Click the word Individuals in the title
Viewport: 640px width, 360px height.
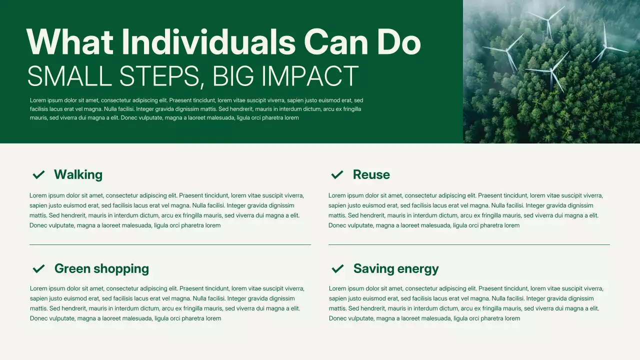[x=208, y=42]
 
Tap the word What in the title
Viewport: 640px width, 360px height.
[x=69, y=42]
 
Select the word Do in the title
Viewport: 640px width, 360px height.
[x=398, y=42]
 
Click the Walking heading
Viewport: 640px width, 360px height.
[x=78, y=174]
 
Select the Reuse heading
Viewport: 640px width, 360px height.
[x=371, y=174]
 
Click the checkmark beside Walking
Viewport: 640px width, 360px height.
[x=38, y=174]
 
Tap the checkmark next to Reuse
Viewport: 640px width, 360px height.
[x=337, y=174]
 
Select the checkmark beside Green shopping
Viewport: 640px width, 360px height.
[x=38, y=269]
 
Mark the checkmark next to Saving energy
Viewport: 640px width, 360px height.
[x=338, y=269]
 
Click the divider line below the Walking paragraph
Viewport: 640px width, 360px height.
[x=170, y=244]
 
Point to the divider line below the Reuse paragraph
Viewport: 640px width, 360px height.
[x=469, y=244]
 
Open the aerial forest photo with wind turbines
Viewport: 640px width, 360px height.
[x=551, y=71]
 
